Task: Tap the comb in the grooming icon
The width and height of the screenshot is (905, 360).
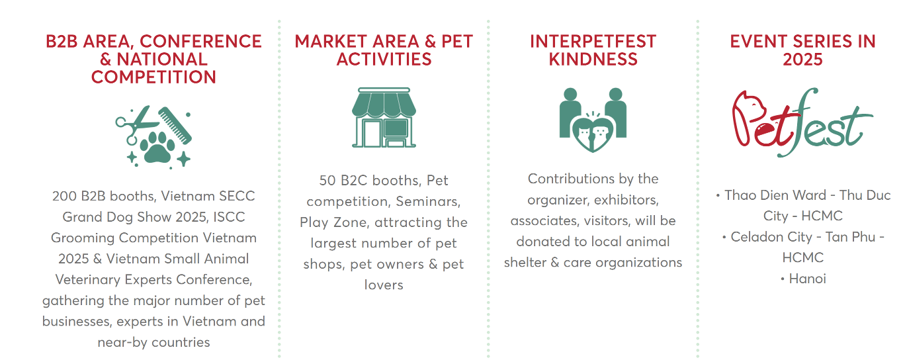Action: pyautogui.click(x=175, y=125)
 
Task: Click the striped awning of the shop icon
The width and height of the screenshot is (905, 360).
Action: pyautogui.click(x=384, y=104)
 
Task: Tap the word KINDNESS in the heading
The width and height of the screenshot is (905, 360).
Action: pyautogui.click(x=593, y=60)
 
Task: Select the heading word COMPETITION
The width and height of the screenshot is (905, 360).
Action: pyautogui.click(x=153, y=77)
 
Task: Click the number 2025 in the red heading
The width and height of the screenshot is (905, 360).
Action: pyautogui.click(x=802, y=60)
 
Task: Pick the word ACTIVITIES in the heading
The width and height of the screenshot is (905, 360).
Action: pyautogui.click(x=384, y=60)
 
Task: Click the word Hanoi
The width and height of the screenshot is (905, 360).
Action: pyautogui.click(x=807, y=279)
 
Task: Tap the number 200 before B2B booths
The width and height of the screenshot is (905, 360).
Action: pyautogui.click(x=65, y=196)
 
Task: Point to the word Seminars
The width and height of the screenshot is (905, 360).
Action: pyautogui.click(x=428, y=201)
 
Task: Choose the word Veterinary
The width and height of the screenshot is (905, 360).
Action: pyautogui.click(x=88, y=280)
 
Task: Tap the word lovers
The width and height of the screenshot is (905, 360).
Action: pyautogui.click(x=384, y=285)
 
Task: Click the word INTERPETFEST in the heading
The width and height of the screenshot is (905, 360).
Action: pyautogui.click(x=593, y=41)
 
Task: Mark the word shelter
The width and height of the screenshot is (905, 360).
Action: pyautogui.click(x=523, y=263)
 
